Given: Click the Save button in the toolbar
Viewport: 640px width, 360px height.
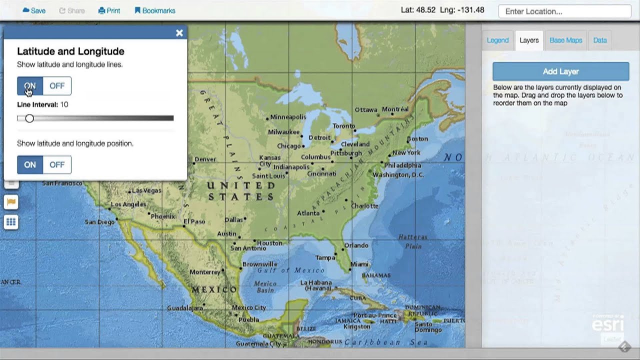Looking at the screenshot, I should pyautogui.click(x=34, y=10).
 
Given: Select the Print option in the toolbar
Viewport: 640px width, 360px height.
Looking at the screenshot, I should pyautogui.click(x=109, y=10).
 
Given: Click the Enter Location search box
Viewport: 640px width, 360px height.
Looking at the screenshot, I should pyautogui.click(x=564, y=11).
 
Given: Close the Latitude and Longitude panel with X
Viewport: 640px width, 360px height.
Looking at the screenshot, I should pyautogui.click(x=179, y=33).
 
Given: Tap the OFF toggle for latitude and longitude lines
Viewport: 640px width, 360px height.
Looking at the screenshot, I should pyautogui.click(x=57, y=86).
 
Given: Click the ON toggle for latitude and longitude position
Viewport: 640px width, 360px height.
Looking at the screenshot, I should pyautogui.click(x=30, y=164).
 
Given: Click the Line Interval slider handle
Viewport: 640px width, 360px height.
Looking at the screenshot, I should pyautogui.click(x=29, y=118).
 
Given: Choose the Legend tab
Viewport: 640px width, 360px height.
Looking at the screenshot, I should pyautogui.click(x=497, y=40).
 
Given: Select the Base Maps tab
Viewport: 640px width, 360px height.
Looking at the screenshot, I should pyautogui.click(x=565, y=40).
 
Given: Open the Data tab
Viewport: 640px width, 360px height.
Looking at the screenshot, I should pyautogui.click(x=600, y=40).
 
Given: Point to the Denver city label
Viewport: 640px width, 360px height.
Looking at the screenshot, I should pyautogui.click(x=205, y=159).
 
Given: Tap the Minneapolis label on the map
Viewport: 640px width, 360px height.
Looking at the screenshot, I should pyautogui.click(x=288, y=117).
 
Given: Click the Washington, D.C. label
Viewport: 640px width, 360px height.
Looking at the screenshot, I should pyautogui.click(x=398, y=175).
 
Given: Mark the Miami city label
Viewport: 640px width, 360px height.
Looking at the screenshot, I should pyautogui.click(x=359, y=264).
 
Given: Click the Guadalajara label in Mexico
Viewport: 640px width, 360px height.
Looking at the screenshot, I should pyautogui.click(x=184, y=308).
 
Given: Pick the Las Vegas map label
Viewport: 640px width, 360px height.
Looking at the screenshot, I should pyautogui.click(x=146, y=190).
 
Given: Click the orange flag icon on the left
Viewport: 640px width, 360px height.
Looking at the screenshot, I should pyautogui.click(x=11, y=202).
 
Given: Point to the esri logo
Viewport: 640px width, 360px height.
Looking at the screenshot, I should pyautogui.click(x=607, y=324).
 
